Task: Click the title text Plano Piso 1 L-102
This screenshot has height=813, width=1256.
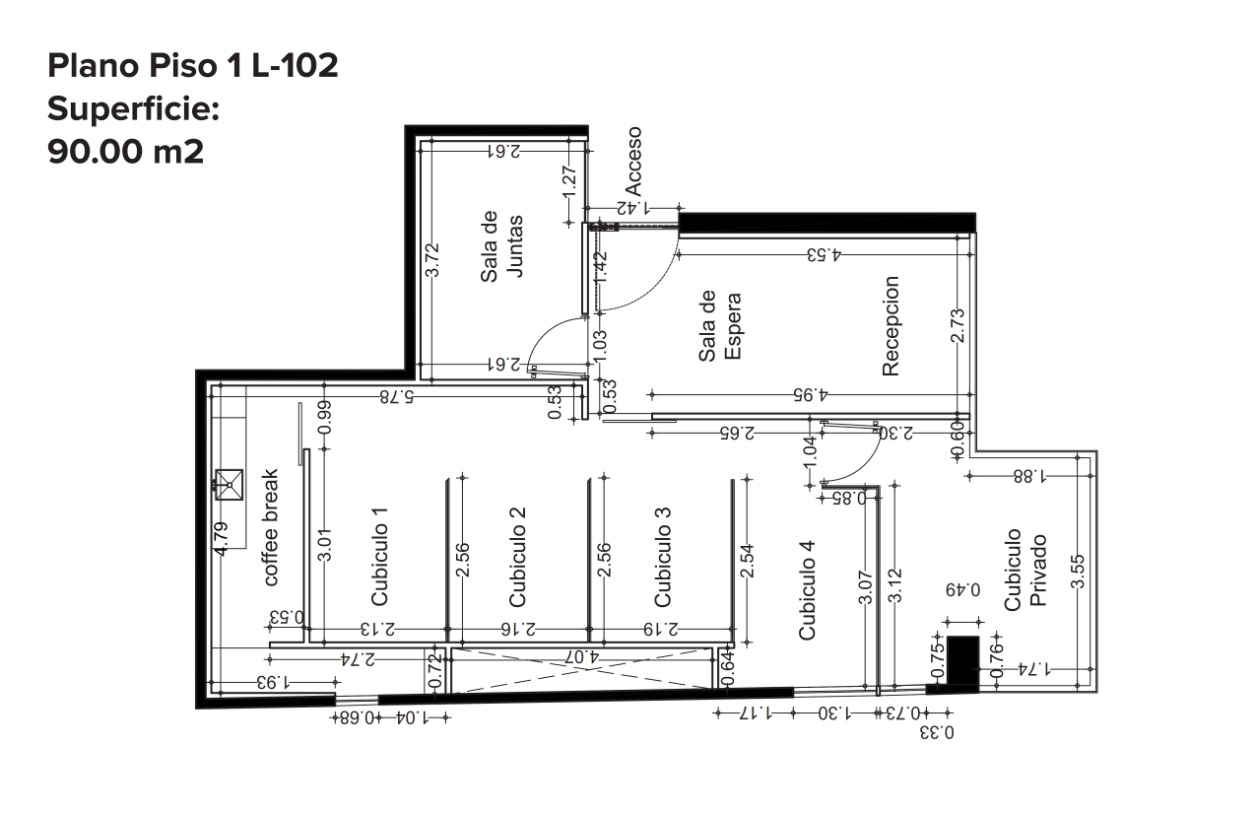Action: [193, 66]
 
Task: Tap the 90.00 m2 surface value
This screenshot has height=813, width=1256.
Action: [126, 152]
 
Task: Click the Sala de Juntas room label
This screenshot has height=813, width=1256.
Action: [501, 246]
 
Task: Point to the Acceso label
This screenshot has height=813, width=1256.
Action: [633, 161]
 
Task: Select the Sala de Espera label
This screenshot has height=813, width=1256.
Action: [720, 326]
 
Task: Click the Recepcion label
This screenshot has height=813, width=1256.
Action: [891, 326]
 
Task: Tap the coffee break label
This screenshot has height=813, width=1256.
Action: [270, 528]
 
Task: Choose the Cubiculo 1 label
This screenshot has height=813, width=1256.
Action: [379, 557]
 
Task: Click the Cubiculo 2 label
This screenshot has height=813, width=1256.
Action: [517, 557]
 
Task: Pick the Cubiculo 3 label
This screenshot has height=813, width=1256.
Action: [662, 557]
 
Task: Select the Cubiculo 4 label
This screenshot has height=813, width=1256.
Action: [807, 590]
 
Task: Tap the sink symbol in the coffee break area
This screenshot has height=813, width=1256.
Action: [229, 484]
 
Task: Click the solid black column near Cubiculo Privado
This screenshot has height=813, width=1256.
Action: [962, 664]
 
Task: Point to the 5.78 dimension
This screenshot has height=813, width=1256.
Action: [397, 397]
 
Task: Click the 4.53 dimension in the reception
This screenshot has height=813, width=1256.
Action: [825, 255]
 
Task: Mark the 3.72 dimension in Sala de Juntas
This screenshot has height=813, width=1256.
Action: [432, 260]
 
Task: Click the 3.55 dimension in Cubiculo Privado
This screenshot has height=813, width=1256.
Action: [1078, 572]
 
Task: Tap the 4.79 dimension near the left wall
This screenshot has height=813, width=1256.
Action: [222, 539]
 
